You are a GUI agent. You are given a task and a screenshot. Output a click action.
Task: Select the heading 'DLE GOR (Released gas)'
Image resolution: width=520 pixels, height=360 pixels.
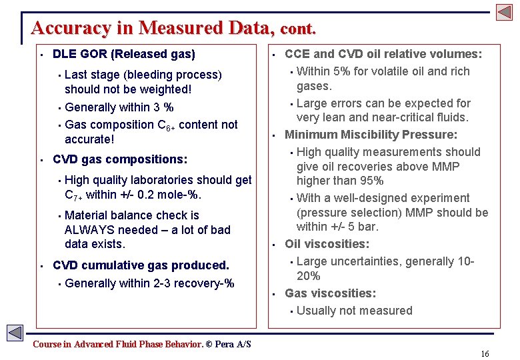pyautogui.click(x=123, y=54)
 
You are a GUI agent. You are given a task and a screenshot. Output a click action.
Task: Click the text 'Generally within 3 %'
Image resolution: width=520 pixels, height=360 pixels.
pyautogui.click(x=119, y=107)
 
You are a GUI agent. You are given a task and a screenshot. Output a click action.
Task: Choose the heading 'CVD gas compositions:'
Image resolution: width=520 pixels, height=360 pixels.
pyautogui.click(x=120, y=159)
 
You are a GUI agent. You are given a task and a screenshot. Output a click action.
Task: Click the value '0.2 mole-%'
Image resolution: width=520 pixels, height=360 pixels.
pyautogui.click(x=171, y=195)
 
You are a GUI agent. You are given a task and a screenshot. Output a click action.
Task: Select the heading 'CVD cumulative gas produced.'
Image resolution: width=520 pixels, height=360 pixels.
pyautogui.click(x=141, y=265)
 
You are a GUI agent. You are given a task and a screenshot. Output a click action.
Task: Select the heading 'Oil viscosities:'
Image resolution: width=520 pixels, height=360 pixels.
pyautogui.click(x=327, y=244)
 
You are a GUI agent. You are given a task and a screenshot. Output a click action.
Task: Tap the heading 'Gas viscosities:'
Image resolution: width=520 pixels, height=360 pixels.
pyautogui.click(x=330, y=293)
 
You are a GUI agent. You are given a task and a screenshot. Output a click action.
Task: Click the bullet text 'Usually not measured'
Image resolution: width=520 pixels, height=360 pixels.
pyautogui.click(x=354, y=311)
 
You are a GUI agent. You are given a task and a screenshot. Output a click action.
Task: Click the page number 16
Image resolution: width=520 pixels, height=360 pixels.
pyautogui.click(x=485, y=353)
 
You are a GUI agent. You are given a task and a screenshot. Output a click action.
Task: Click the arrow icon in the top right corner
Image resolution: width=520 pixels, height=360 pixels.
pyautogui.click(x=504, y=11)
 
